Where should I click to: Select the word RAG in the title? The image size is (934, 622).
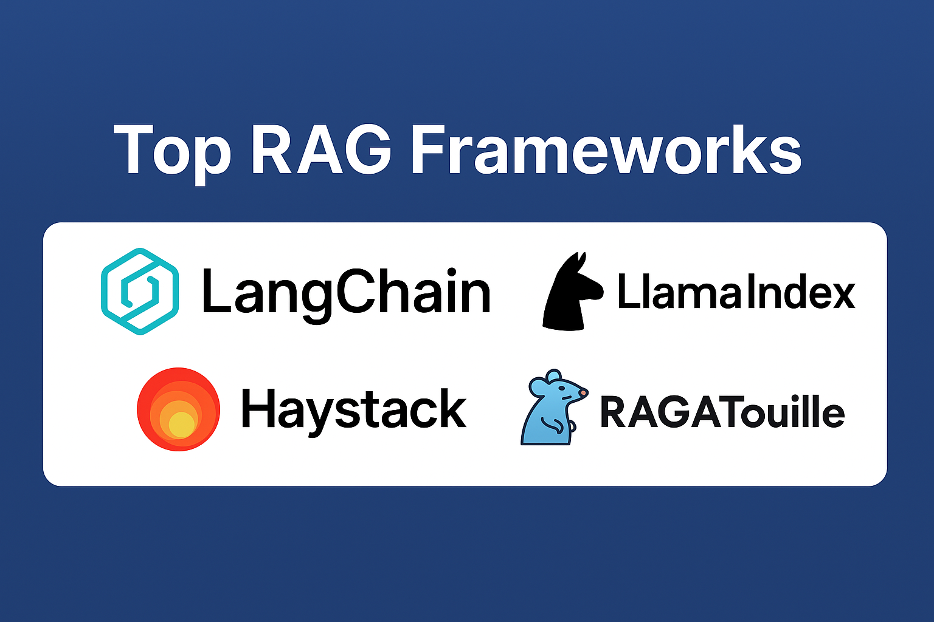click(321, 149)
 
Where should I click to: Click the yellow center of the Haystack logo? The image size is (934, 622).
click(181, 425)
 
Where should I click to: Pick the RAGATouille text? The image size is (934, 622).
click(722, 412)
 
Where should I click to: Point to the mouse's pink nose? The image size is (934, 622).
click(583, 393)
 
